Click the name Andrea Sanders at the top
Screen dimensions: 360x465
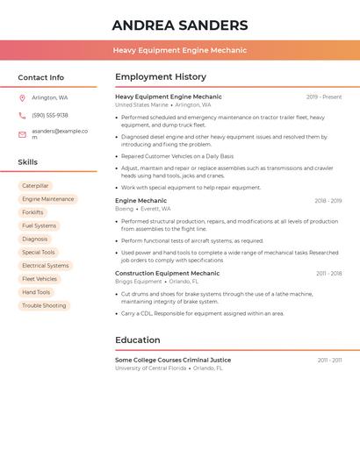click(180, 25)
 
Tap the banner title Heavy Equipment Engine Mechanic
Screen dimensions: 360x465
click(180, 50)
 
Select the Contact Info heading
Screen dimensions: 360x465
click(40, 77)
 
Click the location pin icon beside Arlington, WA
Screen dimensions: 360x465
click(22, 98)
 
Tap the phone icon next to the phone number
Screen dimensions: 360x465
click(22, 116)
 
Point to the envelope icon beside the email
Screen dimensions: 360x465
click(22, 134)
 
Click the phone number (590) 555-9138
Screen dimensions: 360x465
click(50, 116)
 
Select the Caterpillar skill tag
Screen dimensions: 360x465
click(35, 186)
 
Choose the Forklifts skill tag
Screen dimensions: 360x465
click(32, 212)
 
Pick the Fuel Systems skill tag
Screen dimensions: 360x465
click(39, 225)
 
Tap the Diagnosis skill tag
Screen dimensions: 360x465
click(35, 239)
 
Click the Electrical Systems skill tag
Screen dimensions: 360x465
click(45, 266)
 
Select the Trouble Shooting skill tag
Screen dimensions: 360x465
click(44, 305)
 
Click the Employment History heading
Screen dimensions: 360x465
click(161, 77)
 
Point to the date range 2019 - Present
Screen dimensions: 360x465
click(324, 97)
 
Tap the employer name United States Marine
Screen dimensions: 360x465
click(141, 105)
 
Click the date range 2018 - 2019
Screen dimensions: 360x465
click(328, 201)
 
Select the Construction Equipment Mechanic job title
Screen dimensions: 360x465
click(168, 273)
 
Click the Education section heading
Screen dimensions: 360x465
click(138, 340)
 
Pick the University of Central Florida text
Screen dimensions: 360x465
click(151, 368)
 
